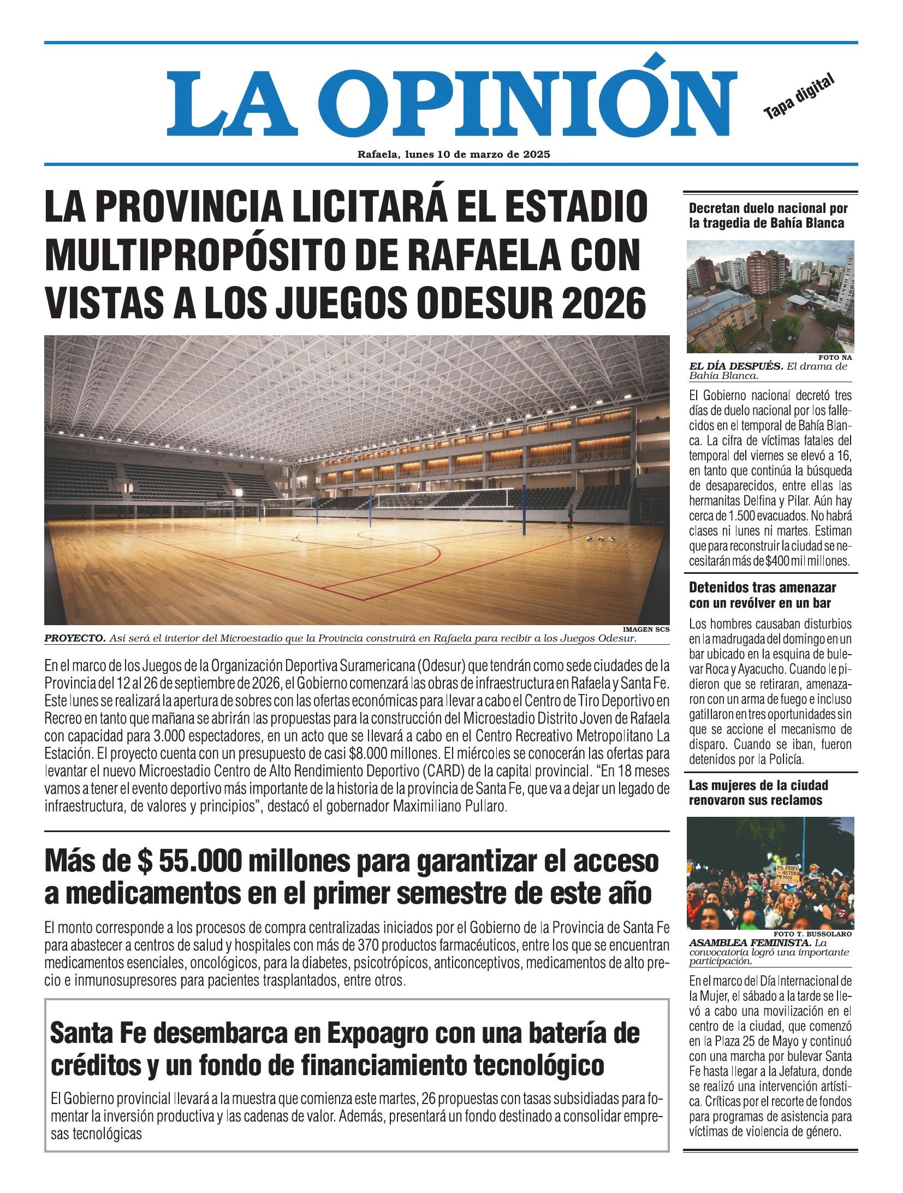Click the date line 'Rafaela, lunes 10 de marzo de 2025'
(x=453, y=155)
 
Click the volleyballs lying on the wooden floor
(x=596, y=539)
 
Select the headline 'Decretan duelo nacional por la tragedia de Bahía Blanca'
(x=768, y=215)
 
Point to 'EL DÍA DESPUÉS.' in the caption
(x=736, y=366)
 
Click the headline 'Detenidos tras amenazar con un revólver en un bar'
(x=763, y=595)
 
